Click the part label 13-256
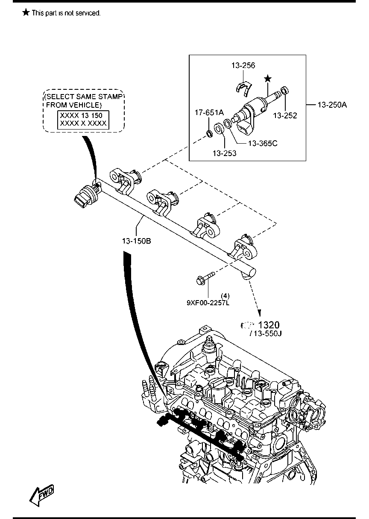click(x=243, y=65)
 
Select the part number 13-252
click(x=285, y=115)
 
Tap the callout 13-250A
click(x=332, y=104)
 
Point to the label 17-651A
click(x=209, y=112)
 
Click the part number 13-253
click(x=225, y=152)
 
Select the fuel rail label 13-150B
click(x=136, y=241)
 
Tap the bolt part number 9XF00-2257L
click(x=208, y=303)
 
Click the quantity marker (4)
click(x=225, y=295)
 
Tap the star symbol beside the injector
click(x=268, y=78)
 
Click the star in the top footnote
click(x=26, y=13)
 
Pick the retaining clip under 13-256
click(x=243, y=87)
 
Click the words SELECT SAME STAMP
click(x=84, y=97)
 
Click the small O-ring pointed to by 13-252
click(x=284, y=91)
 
